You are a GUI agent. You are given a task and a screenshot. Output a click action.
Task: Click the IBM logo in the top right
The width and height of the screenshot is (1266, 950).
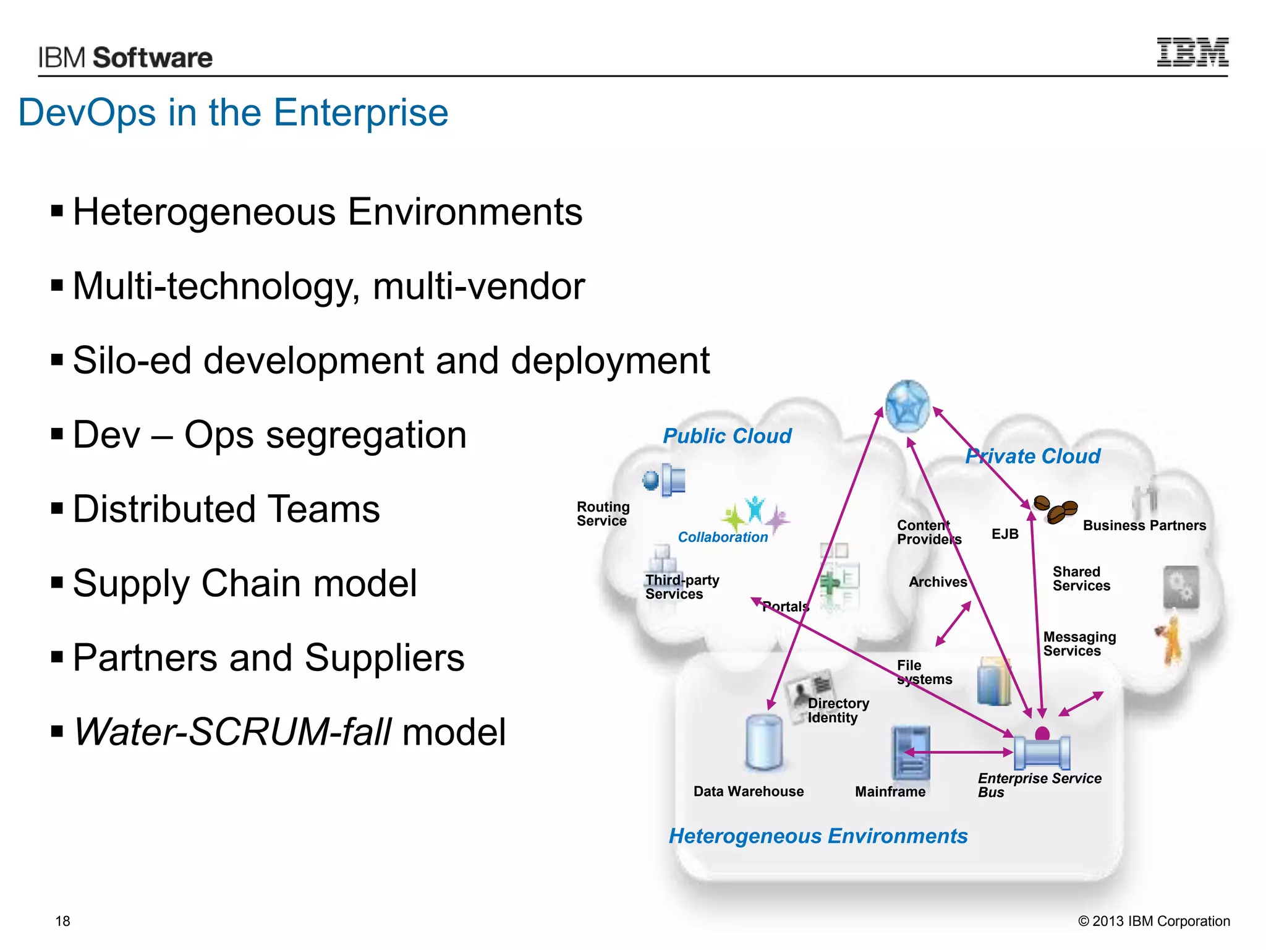1192,53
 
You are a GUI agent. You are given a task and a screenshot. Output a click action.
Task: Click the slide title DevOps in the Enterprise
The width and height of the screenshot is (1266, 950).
233,113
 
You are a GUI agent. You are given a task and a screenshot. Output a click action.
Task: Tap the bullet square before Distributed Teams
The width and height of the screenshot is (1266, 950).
57,509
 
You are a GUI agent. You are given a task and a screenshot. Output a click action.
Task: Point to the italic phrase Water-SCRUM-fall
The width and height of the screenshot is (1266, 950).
232,732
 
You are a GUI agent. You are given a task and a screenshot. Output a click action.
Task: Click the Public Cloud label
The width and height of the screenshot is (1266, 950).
727,436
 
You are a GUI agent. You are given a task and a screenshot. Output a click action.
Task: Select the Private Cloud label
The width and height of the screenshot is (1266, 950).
1033,456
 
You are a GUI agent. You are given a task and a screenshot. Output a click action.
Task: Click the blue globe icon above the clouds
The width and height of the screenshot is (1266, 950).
907,406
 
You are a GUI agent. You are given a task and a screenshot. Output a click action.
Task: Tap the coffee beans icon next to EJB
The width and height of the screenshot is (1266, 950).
1056,510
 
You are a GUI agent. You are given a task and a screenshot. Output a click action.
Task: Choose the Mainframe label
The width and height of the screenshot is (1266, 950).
890,792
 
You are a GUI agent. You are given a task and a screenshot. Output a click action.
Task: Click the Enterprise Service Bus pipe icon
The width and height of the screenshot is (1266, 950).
1042,751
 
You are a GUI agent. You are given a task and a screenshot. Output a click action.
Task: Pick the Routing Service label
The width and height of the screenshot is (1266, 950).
603,514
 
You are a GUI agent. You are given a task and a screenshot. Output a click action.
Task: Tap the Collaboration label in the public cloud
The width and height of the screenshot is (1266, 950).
723,537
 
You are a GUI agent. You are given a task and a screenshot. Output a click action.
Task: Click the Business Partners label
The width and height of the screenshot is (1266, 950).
1144,526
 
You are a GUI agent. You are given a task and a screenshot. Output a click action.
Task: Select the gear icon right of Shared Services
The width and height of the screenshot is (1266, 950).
1181,586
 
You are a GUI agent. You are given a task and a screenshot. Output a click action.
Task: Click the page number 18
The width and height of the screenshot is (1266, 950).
63,921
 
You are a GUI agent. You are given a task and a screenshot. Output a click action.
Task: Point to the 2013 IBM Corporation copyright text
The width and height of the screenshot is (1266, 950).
1153,921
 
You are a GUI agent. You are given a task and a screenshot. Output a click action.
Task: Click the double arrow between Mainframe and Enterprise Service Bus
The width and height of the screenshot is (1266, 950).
958,752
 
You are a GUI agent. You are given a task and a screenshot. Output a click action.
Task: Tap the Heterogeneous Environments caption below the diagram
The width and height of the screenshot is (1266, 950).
818,836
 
